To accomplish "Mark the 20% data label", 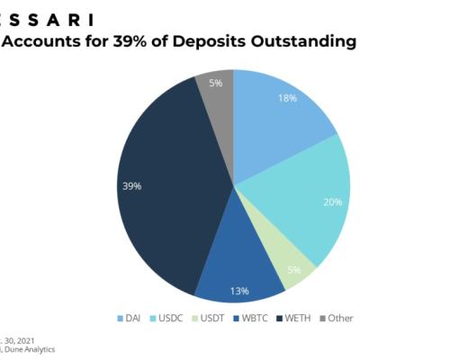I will tap(333, 202).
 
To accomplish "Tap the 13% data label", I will tap(240, 290).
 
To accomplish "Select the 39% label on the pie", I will tap(132, 186).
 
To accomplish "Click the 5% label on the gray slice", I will tap(216, 84).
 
